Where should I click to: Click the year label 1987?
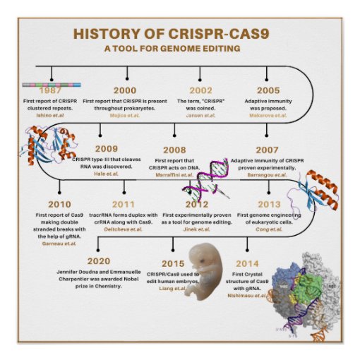coord(50,91)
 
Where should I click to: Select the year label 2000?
coord(126,91)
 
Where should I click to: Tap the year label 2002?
coord(200,91)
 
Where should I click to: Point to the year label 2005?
coord(268,91)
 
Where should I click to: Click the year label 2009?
coord(106,149)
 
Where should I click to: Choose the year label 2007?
coord(268,150)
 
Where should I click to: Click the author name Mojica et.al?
coord(125,115)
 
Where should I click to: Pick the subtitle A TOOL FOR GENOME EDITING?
coord(172,48)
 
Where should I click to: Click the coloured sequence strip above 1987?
coord(51,83)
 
